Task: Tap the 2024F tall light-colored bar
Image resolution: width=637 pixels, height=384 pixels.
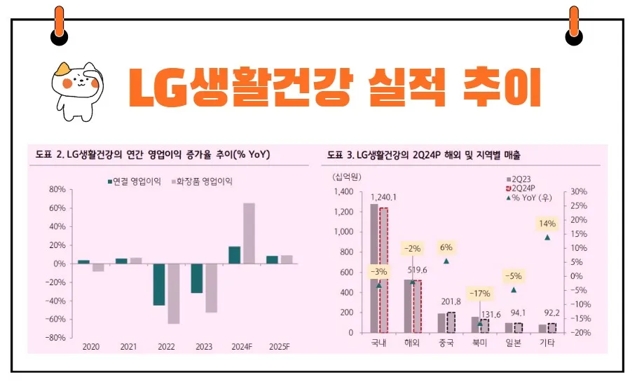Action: click(248, 233)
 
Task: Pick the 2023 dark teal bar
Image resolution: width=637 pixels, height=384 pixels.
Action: click(197, 278)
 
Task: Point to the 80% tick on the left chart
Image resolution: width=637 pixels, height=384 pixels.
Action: click(57, 190)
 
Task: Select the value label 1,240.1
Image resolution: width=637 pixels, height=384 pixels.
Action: click(383, 197)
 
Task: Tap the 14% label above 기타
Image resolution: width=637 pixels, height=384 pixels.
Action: click(547, 224)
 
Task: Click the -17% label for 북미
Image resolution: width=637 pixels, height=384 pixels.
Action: click(480, 293)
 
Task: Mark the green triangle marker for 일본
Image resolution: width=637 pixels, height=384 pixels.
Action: click(514, 289)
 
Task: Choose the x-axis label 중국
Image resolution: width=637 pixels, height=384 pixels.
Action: click(446, 343)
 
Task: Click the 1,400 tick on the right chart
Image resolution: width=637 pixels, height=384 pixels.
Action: click(344, 191)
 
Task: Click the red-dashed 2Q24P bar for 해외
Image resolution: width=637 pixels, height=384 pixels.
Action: click(417, 306)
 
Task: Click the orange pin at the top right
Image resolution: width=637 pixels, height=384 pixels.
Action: click(574, 25)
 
